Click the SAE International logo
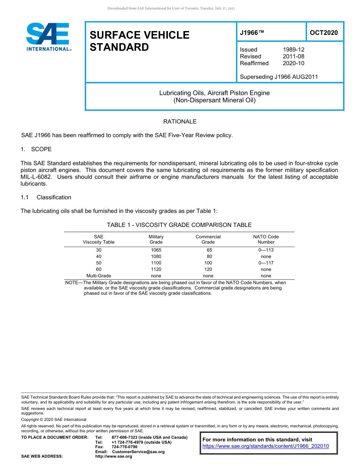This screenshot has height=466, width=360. pos(49,37)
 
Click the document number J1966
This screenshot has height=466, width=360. pos(251,33)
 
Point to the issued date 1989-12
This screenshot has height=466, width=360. pos(293,50)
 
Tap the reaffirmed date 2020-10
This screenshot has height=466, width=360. pos(293,63)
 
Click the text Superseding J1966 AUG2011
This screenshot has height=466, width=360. pos(279,77)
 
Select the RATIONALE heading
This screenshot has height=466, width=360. pos(180,122)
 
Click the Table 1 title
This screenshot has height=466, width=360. pos(179,225)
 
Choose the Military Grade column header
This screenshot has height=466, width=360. pos(156,239)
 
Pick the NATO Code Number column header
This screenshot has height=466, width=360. pos(266,239)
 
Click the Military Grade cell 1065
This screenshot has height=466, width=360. pos(156,250)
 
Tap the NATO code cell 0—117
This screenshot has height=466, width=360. pos(266,263)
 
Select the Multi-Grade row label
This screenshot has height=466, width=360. pos(99,276)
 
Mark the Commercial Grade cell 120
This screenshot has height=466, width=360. pos(208,269)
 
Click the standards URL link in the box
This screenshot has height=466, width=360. pos(266,446)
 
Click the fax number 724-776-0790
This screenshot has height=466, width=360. pos(124,447)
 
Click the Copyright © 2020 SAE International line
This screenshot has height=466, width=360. pos(54,419)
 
